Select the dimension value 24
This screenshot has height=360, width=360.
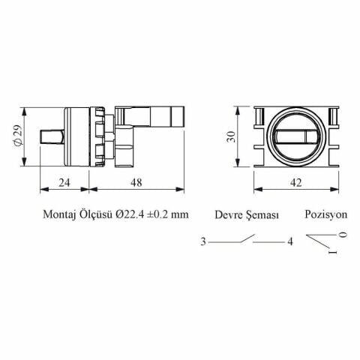(x=64, y=183)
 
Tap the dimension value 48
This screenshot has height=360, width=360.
(x=136, y=183)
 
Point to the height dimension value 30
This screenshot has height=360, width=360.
(x=231, y=136)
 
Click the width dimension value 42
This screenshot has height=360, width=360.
(x=296, y=183)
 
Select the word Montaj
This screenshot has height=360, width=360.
(x=59, y=215)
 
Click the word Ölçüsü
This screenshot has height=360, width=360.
(x=96, y=214)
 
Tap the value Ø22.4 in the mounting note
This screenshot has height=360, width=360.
(x=130, y=214)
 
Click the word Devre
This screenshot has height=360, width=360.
(x=229, y=215)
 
